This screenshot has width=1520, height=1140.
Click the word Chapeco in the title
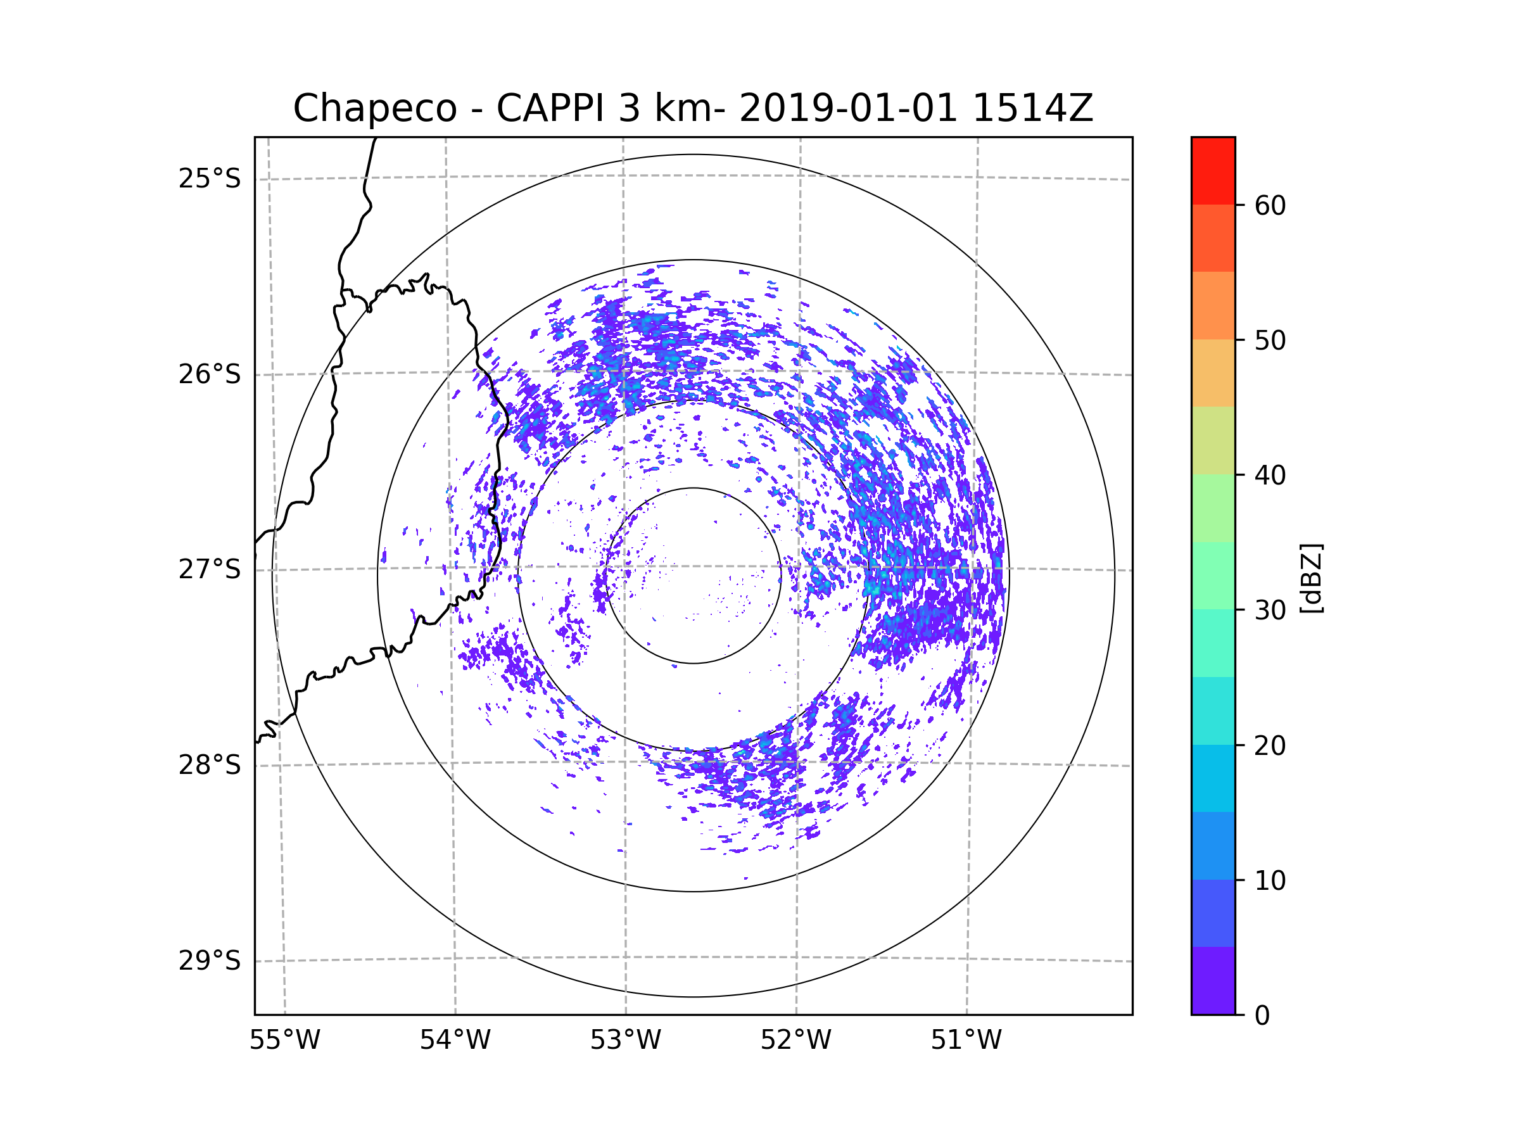coord(375,108)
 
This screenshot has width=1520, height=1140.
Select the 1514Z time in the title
coord(1033,108)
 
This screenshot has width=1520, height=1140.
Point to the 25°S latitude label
coord(210,179)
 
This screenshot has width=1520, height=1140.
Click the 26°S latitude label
coord(210,374)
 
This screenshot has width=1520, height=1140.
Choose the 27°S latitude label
coord(210,569)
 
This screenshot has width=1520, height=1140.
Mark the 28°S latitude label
coord(210,765)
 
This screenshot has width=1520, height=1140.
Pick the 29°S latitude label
coord(210,961)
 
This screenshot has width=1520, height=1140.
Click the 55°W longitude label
coord(284,1041)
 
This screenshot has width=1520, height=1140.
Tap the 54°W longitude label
coord(455,1041)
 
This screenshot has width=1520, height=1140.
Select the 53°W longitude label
coord(625,1041)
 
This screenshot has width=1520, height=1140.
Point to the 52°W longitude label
coord(795,1041)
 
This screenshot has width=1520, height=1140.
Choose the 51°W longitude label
coord(966,1041)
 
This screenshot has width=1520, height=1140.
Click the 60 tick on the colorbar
coord(1270,205)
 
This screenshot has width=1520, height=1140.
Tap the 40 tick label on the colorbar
coord(1270,475)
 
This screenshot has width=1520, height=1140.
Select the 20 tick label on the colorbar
coord(1270,745)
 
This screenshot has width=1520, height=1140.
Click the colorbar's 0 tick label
coord(1262,1016)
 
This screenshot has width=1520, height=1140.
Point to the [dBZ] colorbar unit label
coord(1311,578)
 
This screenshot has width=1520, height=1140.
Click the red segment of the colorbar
coord(1213,171)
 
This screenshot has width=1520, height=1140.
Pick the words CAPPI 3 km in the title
coord(604,108)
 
